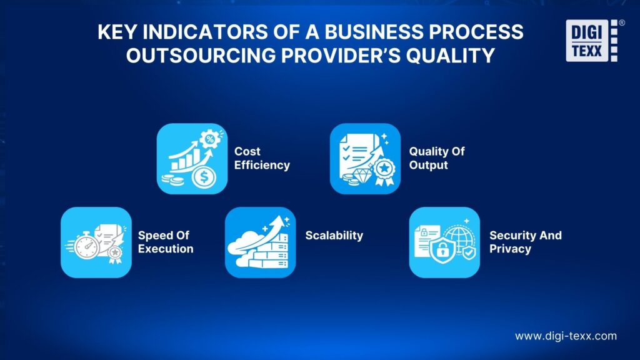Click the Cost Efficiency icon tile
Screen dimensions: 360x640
192,158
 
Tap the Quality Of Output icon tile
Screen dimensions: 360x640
365,158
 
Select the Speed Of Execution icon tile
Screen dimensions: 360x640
96,242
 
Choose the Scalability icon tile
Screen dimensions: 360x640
260,242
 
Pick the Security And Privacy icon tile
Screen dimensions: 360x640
444,242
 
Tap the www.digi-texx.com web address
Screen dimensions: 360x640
566,336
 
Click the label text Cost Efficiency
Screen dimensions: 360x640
262,158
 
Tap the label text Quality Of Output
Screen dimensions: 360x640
437,158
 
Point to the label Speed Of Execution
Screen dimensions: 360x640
166,242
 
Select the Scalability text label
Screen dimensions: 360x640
334,236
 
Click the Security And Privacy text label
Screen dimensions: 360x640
525,242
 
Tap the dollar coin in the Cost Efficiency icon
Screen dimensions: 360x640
202,177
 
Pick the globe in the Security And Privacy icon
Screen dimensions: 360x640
460,237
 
